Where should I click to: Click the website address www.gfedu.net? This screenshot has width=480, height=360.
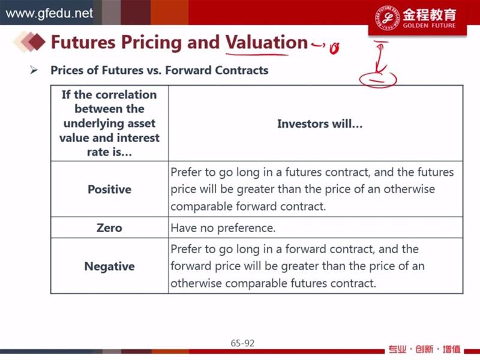coord(49,13)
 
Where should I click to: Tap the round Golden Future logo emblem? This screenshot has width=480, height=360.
coord(387,18)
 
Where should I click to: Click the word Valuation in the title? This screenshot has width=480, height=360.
coord(266,42)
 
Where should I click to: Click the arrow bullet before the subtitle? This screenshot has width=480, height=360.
coord(34,70)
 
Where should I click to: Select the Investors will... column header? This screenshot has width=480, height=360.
coord(320,124)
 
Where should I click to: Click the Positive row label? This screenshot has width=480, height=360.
coord(110,190)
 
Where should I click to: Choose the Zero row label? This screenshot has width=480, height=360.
coord(109,228)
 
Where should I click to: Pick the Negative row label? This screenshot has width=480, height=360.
coord(110,266)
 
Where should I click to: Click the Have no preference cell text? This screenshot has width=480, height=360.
coord(223,228)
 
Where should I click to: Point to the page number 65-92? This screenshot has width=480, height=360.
coord(242,343)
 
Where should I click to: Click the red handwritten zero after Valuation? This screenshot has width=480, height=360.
coord(334,48)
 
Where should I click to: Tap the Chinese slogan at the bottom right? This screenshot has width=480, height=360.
coord(424,349)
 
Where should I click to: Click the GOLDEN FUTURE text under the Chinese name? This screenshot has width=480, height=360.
coord(429,26)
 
